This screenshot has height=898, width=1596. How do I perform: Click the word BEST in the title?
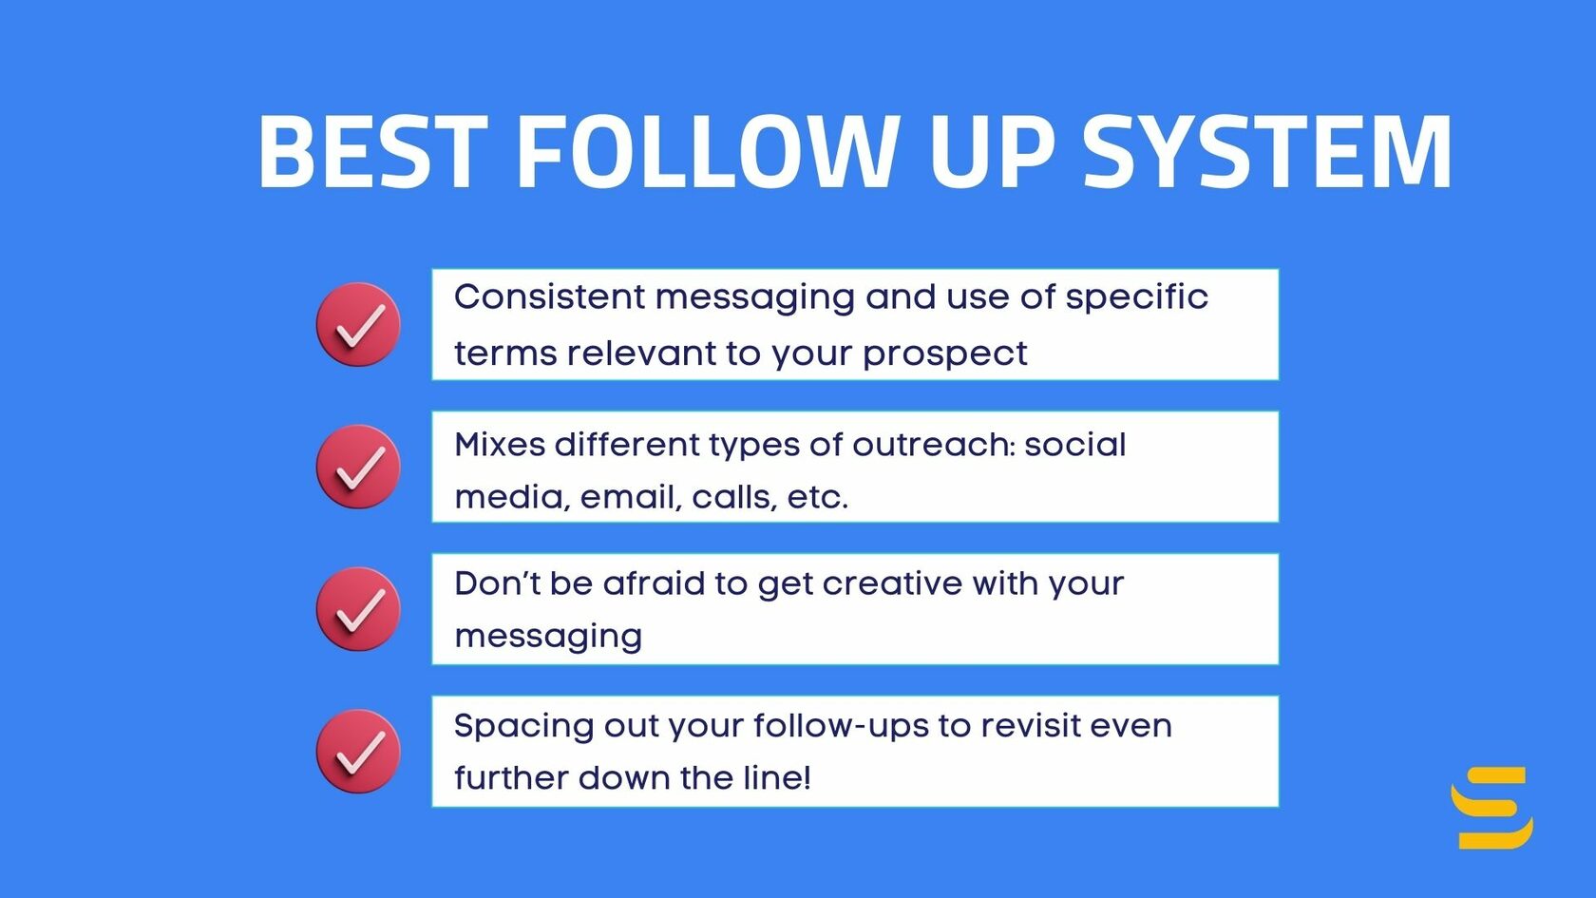372,152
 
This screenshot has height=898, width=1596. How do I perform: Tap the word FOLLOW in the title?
707,152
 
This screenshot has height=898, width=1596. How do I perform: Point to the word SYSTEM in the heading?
1267,152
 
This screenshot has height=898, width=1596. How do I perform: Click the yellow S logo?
1491,808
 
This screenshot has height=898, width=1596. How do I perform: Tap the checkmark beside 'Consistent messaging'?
358,325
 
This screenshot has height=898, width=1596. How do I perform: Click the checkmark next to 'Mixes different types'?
358,467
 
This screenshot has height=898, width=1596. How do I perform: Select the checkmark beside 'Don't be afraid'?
358,609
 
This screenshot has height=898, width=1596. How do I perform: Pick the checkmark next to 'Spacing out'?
358,752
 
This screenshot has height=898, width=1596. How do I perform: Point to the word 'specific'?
1136,298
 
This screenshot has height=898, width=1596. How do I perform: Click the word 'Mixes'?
499,444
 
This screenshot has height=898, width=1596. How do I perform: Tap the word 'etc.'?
817,497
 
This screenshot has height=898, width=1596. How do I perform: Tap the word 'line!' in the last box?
776,778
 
